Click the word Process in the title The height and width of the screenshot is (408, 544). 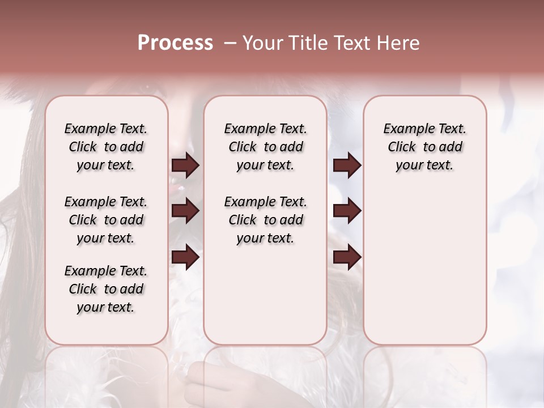pos(175,43)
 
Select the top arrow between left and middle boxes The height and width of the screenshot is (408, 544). pos(185,165)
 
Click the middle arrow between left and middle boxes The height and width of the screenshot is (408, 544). pos(185,211)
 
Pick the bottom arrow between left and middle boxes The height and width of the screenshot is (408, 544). pos(185,257)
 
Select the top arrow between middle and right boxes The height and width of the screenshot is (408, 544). pos(347,165)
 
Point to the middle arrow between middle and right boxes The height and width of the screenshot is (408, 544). pos(347,211)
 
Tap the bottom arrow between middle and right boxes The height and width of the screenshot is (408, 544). pos(347,257)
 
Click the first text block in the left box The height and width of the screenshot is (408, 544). pos(106,147)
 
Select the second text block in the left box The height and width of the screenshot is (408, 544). pos(106,220)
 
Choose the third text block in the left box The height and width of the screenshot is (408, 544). pos(106,289)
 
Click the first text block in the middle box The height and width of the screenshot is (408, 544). pos(265,147)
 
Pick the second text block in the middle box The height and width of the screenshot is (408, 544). pos(265,220)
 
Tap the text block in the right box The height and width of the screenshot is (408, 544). pos(424,147)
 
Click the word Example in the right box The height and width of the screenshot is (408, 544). pos(406,129)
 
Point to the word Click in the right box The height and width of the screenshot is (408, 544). pos(402,147)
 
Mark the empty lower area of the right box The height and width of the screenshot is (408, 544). pos(424,266)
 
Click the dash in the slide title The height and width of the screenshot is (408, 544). pos(230,43)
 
